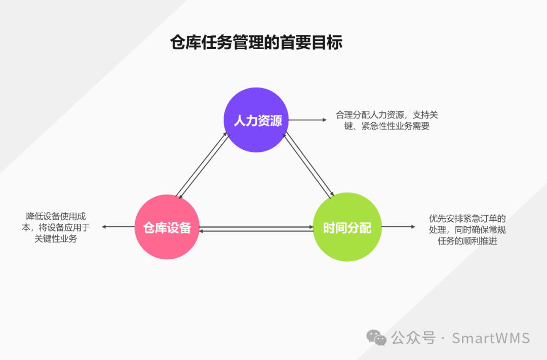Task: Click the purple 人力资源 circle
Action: [x=256, y=120]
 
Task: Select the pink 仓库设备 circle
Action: [x=167, y=227]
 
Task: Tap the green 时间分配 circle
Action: [x=347, y=227]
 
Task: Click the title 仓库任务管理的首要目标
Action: [x=256, y=43]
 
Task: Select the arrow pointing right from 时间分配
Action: [x=398, y=227]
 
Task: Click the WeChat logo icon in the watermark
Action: [x=377, y=337]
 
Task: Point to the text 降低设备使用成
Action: [x=56, y=216]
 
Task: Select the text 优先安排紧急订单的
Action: [x=467, y=219]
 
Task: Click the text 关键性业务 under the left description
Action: [x=56, y=238]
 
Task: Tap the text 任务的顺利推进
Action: [x=467, y=241]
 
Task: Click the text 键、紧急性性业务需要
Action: [x=386, y=126]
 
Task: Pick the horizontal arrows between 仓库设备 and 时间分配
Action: [x=256, y=229]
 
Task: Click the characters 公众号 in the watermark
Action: [x=413, y=338]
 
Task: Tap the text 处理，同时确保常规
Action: [x=467, y=230]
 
